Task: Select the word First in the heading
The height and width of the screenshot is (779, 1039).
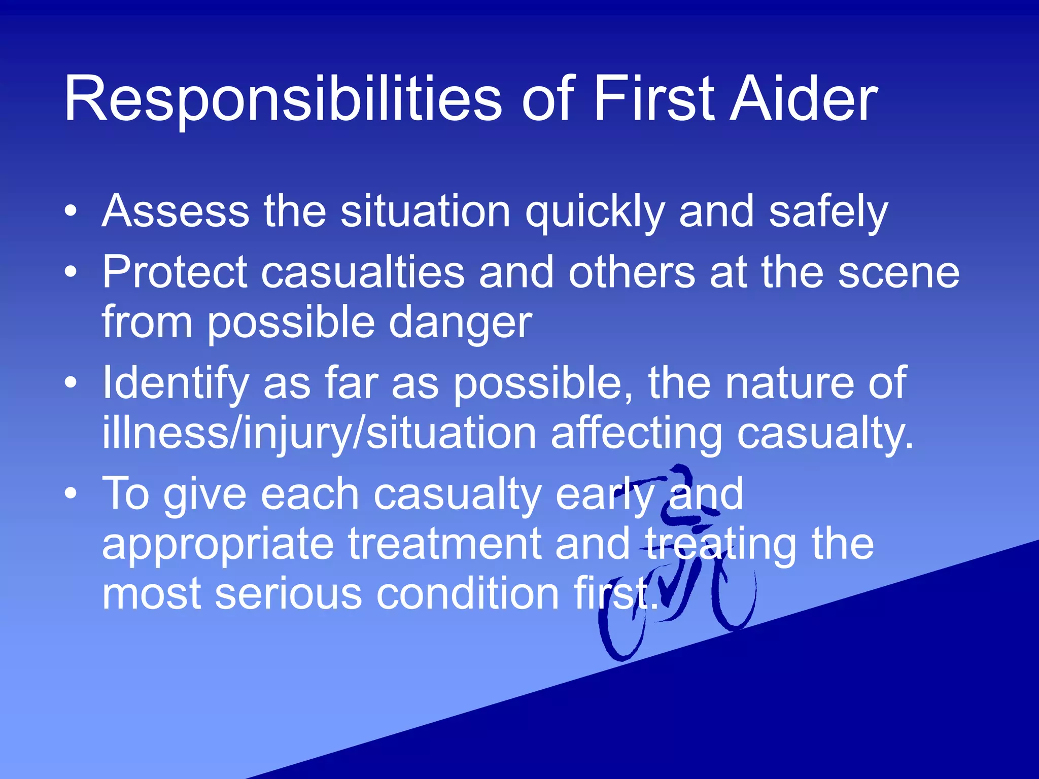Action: click(654, 99)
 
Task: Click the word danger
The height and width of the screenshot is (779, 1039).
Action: click(460, 324)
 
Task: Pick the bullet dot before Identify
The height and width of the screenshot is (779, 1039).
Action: click(72, 383)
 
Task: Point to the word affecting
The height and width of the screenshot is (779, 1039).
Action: click(636, 435)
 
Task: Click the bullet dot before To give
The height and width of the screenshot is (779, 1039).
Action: click(72, 493)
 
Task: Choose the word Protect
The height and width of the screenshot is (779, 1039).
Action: click(175, 273)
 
